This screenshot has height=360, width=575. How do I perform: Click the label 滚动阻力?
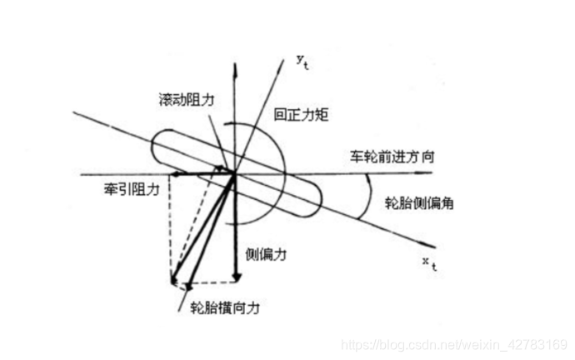[186, 98]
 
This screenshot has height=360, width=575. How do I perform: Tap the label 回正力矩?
[303, 115]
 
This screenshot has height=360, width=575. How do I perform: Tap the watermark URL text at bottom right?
[456, 344]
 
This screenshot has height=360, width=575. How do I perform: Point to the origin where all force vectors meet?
[236, 174]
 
